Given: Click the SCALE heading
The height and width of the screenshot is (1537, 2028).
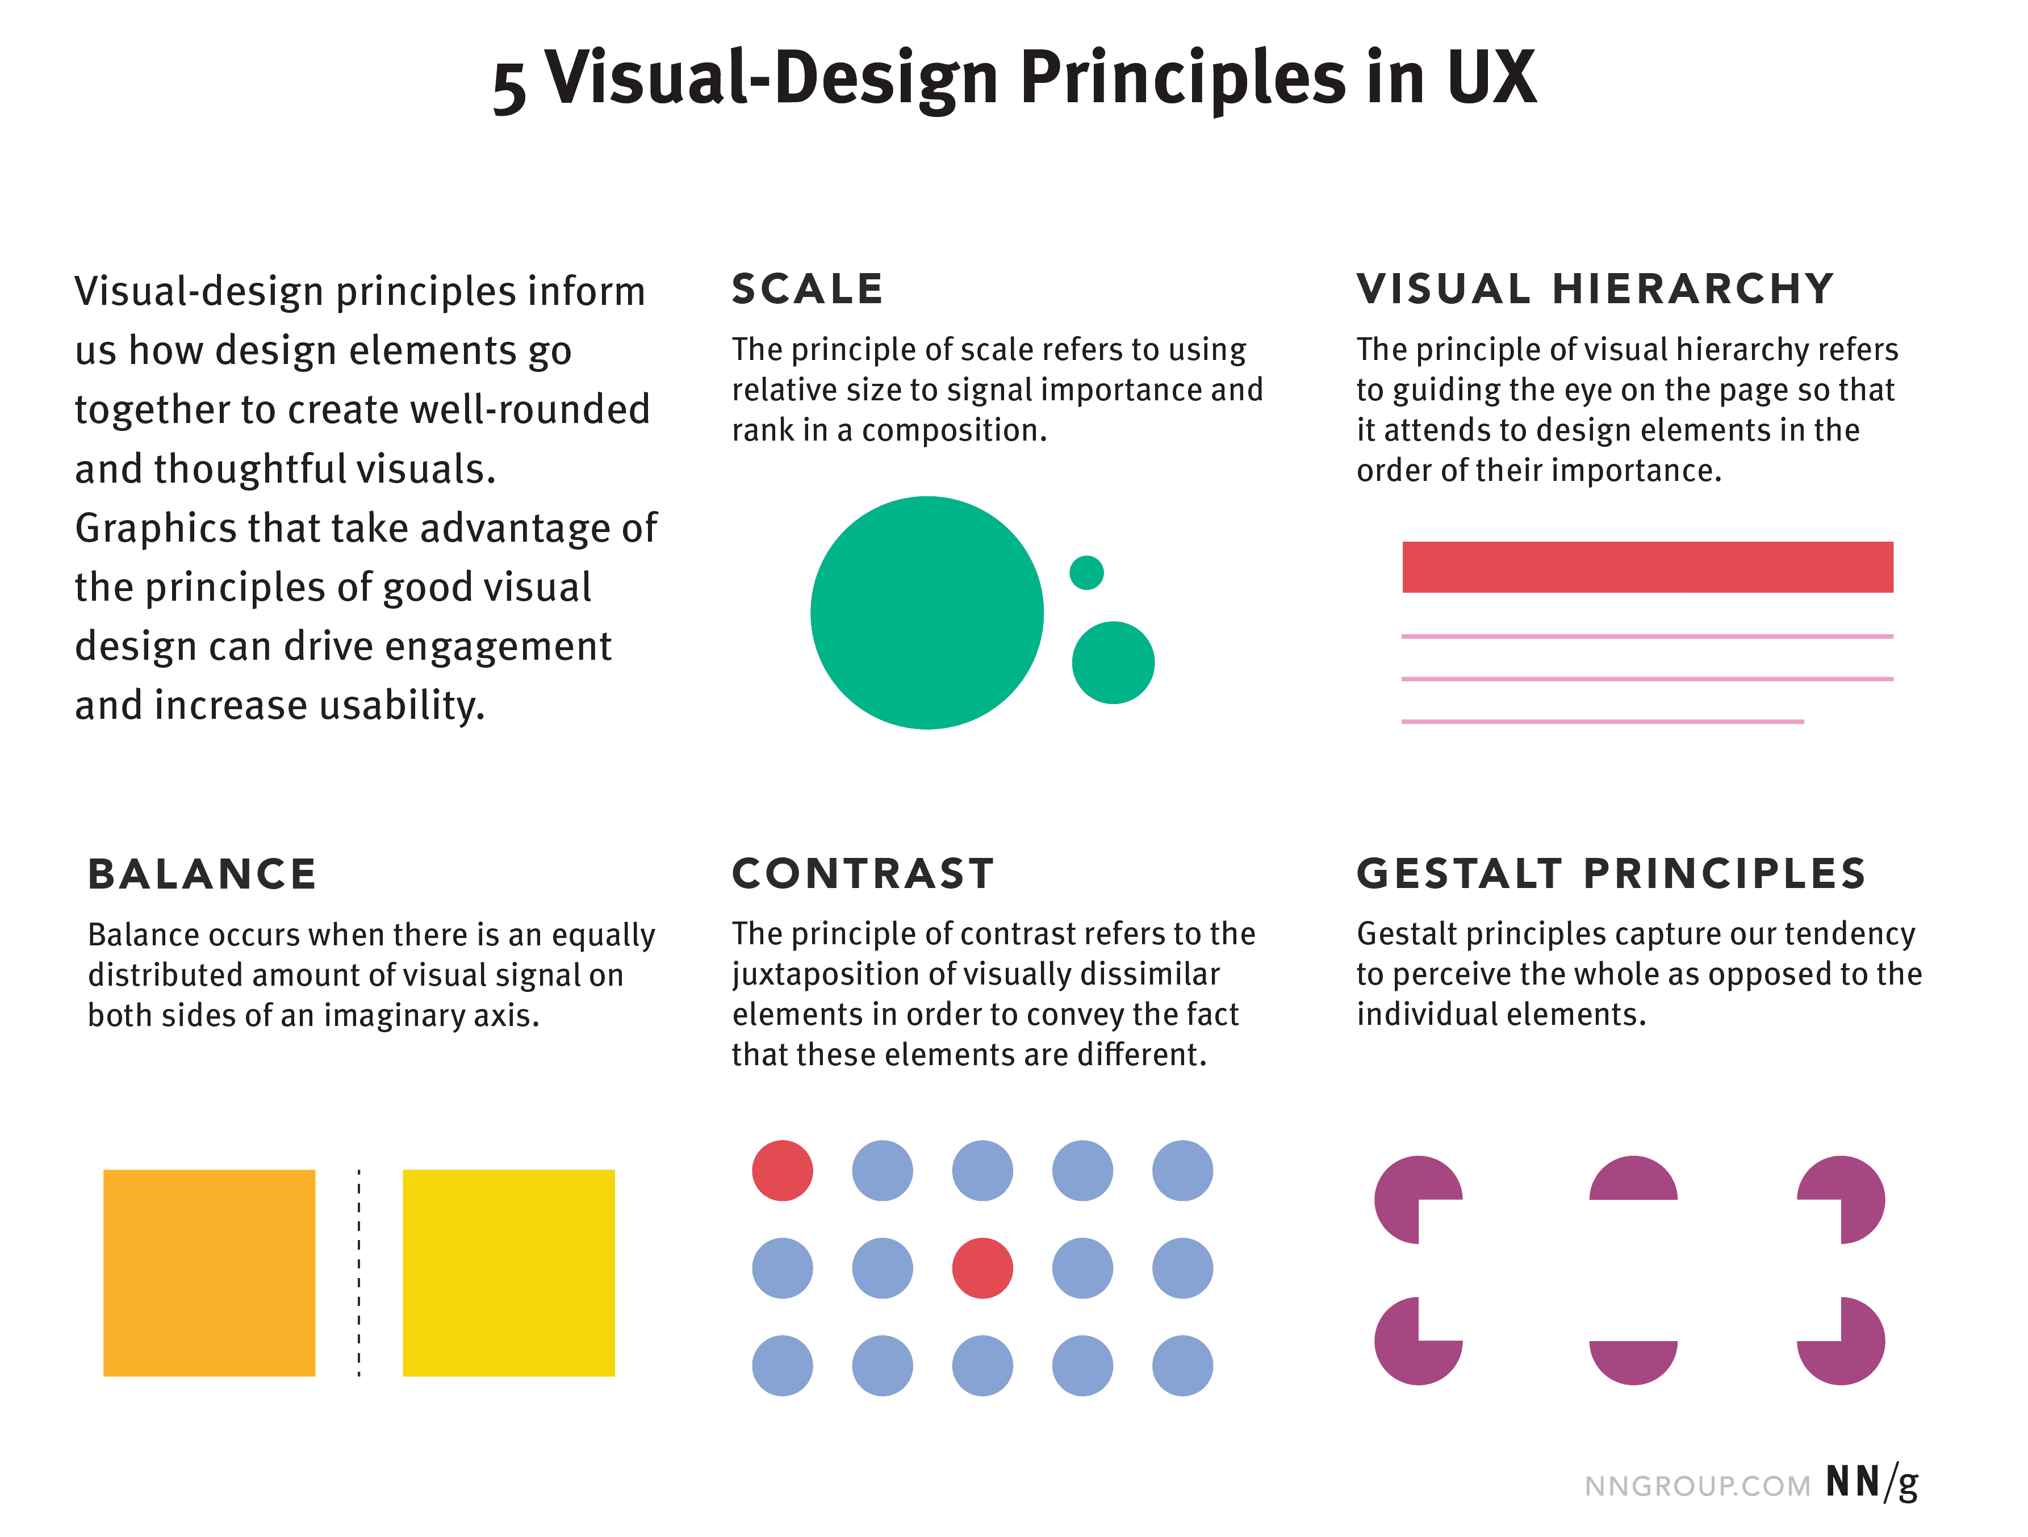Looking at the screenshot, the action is pos(807,290).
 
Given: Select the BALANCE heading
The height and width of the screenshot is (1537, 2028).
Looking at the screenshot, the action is pos(202,874).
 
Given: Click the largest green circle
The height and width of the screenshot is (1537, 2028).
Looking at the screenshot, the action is pos(926,612).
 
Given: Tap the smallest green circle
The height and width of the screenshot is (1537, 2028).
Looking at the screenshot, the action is pos(1086,573).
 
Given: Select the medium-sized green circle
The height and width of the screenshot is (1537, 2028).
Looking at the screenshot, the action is pos(1113,663).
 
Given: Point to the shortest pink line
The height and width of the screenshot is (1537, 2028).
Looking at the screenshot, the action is pos(1602,721).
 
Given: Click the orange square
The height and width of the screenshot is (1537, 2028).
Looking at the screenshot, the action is pos(209,1272).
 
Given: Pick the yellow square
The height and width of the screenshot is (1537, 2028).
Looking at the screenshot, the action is pos(509,1272).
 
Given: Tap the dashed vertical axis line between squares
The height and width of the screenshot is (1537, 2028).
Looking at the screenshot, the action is pos(358,1272).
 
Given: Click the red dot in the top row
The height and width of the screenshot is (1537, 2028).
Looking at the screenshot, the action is pos(782,1170).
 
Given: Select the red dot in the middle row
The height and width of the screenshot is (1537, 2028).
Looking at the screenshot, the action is pos(982,1268).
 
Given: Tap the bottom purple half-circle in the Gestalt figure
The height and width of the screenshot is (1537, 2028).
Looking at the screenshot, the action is pos(1633,1359).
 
